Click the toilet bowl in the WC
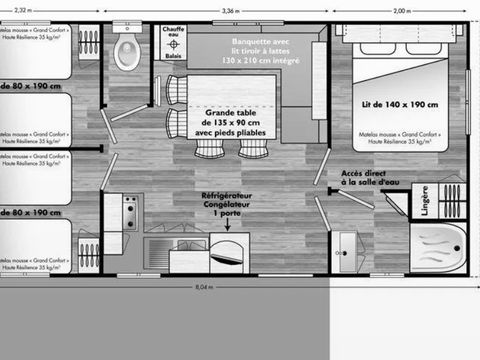pyautogui.click(x=127, y=52)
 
